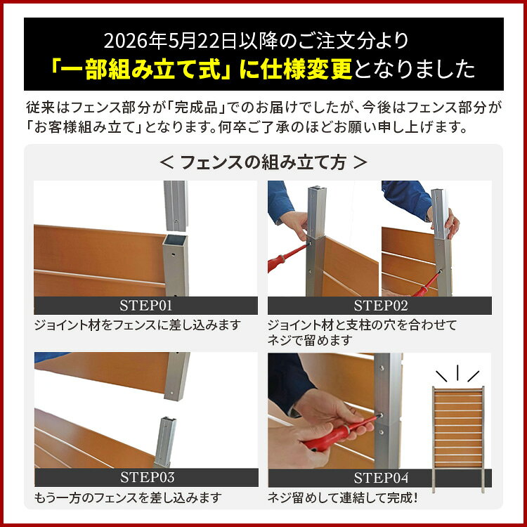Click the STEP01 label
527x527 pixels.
(146, 306)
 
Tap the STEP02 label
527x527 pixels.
(380, 306)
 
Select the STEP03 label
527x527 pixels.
(148, 477)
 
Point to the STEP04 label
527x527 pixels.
(381, 478)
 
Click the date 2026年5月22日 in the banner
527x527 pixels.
(171, 41)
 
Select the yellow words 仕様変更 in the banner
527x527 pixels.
(307, 69)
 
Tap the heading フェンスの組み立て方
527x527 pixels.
(263, 163)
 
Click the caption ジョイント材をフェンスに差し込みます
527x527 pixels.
(138, 325)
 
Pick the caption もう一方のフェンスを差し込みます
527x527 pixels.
(128, 497)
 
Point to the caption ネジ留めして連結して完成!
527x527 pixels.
(343, 497)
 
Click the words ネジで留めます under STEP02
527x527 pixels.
(310, 341)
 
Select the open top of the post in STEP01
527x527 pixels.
(175, 240)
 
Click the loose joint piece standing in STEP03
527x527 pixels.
(165, 442)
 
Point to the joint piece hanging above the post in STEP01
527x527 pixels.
(176, 206)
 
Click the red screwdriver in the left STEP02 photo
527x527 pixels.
(286, 259)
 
